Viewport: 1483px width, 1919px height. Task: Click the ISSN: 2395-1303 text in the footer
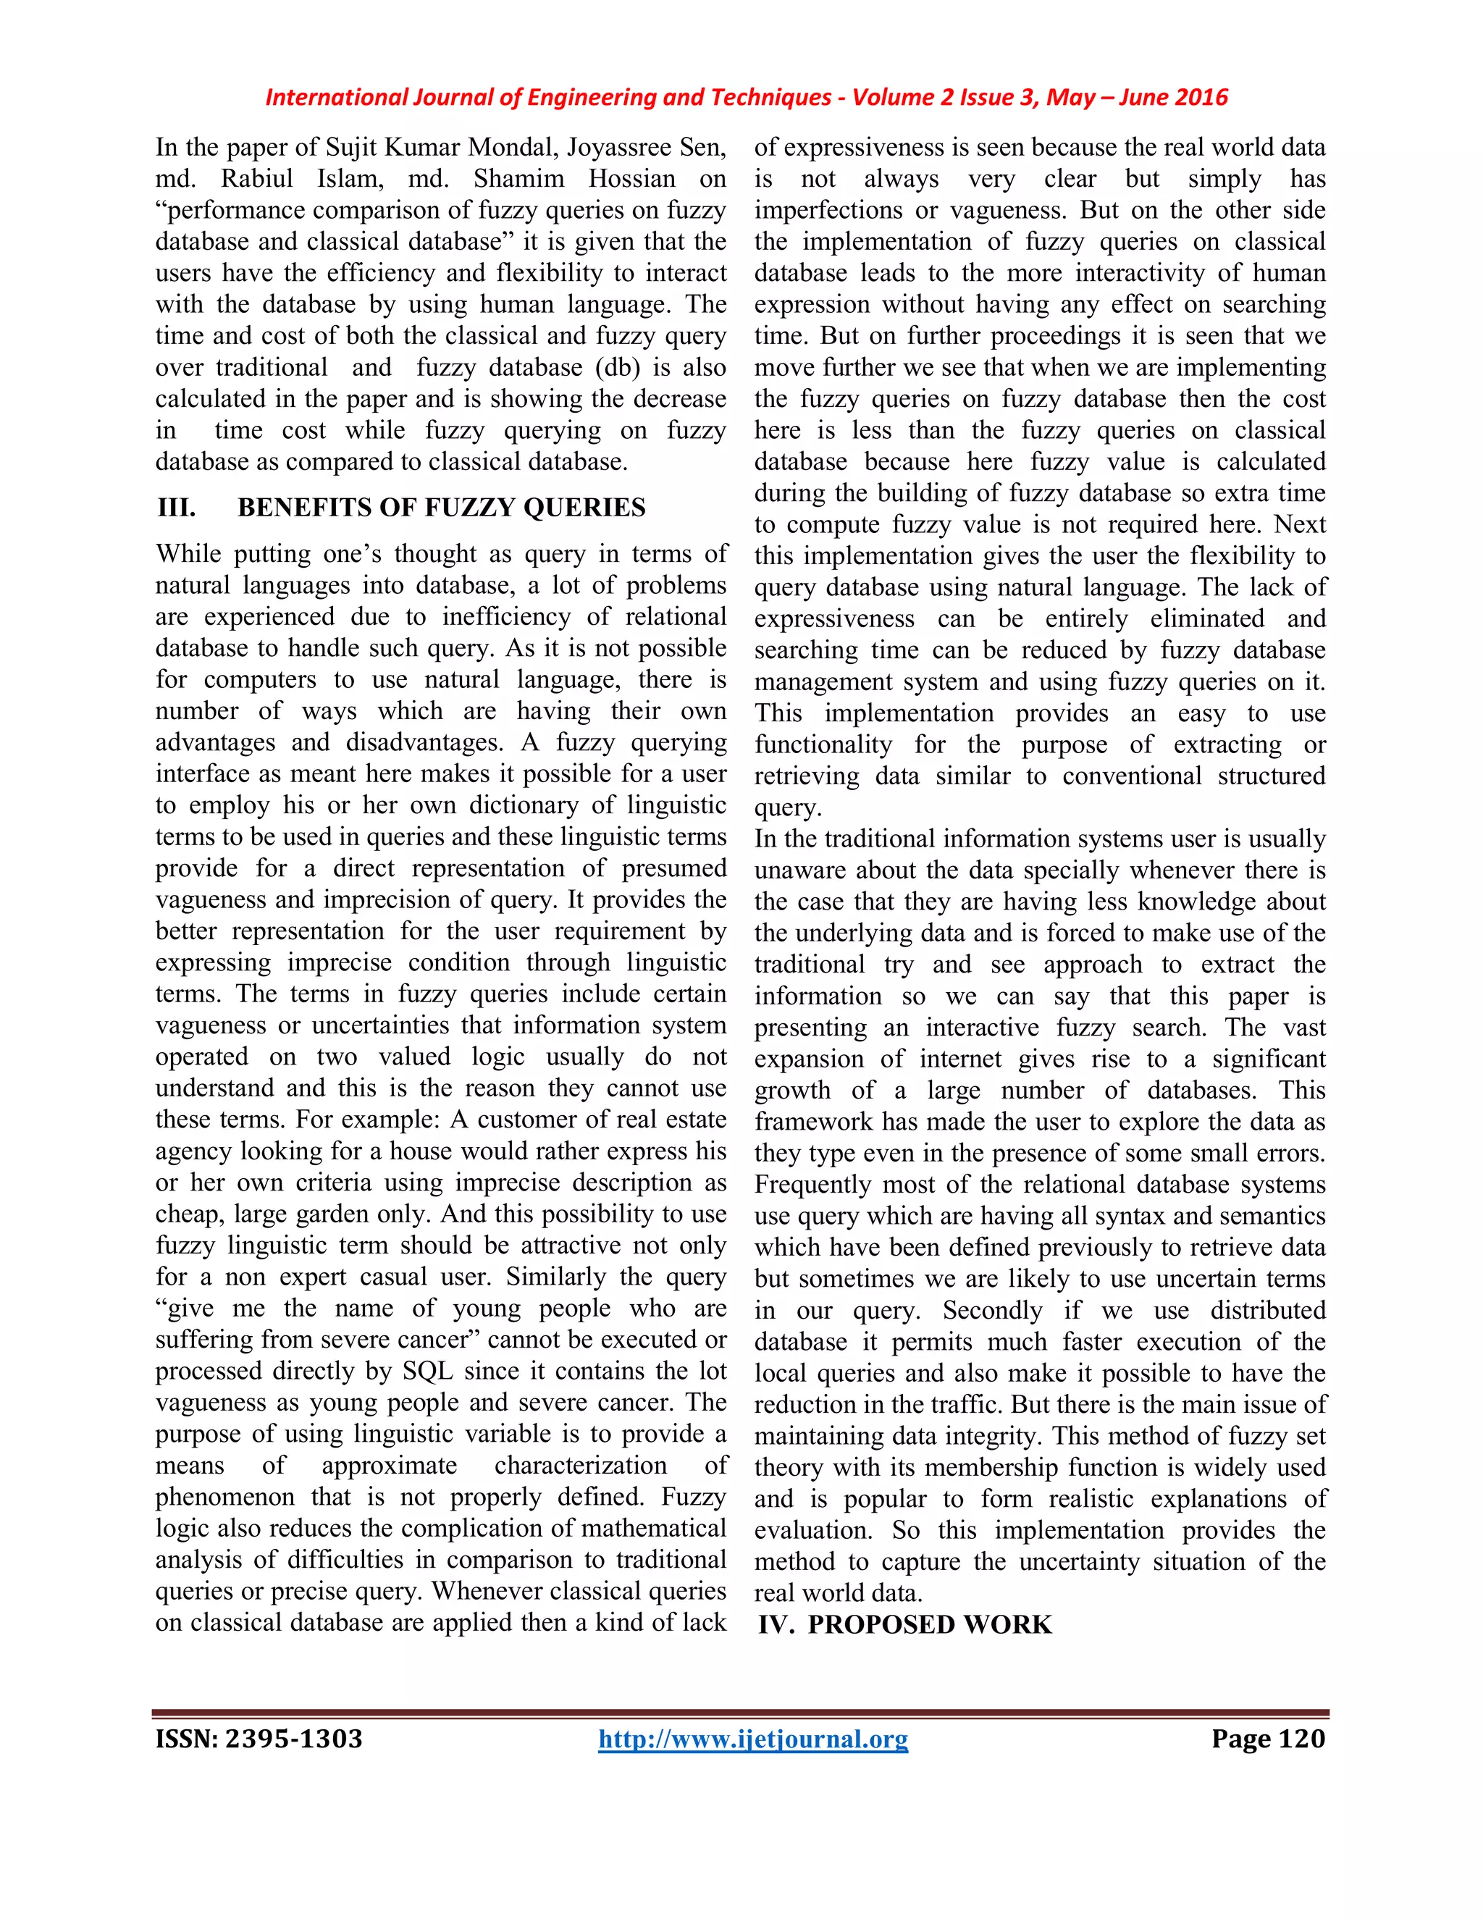[259, 1739]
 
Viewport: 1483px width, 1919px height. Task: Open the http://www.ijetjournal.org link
[753, 1739]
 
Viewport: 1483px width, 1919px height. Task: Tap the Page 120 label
[1268, 1739]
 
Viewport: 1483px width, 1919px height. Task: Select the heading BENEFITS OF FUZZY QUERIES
[441, 508]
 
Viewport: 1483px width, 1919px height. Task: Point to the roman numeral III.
[176, 508]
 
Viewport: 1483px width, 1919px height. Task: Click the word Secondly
[993, 1310]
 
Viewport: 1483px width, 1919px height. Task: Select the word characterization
[580, 1466]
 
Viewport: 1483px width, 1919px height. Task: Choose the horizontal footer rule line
[740, 1714]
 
